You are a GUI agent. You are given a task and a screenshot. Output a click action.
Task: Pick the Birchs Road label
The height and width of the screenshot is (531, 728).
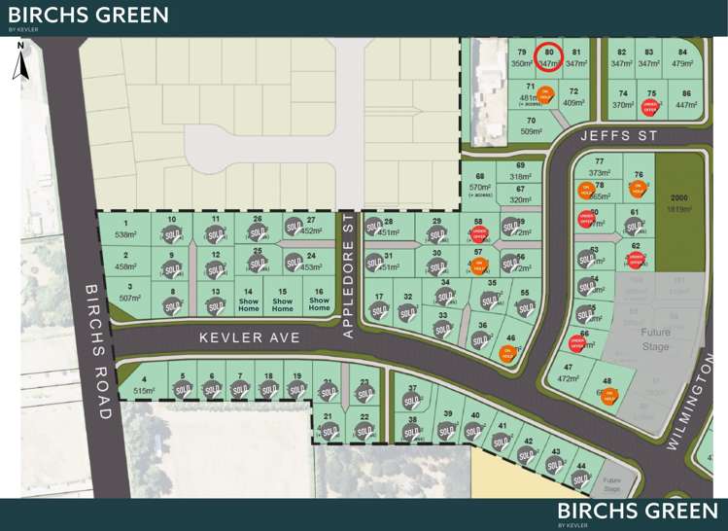[x=94, y=350]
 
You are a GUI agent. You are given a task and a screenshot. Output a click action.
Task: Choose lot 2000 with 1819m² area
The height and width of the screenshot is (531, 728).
[x=678, y=201]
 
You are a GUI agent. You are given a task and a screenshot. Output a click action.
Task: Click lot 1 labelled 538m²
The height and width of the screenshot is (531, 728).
[x=126, y=230]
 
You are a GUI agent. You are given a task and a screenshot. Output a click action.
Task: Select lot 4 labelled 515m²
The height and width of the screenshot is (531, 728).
[x=144, y=384]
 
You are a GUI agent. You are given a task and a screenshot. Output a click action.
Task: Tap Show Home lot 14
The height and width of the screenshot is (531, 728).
[x=249, y=300]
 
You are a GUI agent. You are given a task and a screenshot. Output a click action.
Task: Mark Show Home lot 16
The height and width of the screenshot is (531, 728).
[x=319, y=300]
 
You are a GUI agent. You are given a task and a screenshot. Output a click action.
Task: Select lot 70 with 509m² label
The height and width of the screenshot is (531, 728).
[x=531, y=125]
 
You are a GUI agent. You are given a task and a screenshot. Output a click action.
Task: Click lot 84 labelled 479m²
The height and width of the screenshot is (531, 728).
[x=683, y=57]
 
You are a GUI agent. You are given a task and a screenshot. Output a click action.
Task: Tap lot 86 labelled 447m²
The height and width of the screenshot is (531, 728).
[x=686, y=99]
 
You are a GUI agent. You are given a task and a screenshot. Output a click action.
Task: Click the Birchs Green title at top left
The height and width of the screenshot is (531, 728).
[x=88, y=15]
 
